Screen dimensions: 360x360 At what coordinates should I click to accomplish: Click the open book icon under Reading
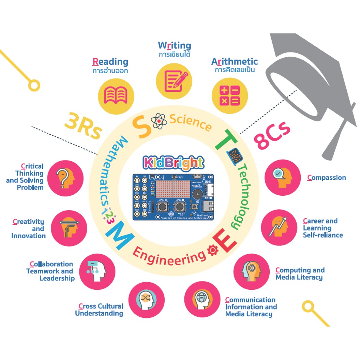[x=115, y=96]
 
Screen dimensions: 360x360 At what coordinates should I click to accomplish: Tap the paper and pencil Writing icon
[x=173, y=80]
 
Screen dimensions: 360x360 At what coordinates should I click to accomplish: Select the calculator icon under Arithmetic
[x=229, y=95]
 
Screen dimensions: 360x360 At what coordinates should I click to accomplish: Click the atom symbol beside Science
[x=159, y=121]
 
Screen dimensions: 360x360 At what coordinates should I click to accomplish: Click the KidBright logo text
[x=174, y=163]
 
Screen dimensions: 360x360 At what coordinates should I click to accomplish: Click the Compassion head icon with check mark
[x=282, y=177]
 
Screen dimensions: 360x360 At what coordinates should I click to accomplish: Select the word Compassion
[x=327, y=178]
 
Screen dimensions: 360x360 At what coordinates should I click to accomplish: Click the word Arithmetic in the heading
[x=235, y=62]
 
